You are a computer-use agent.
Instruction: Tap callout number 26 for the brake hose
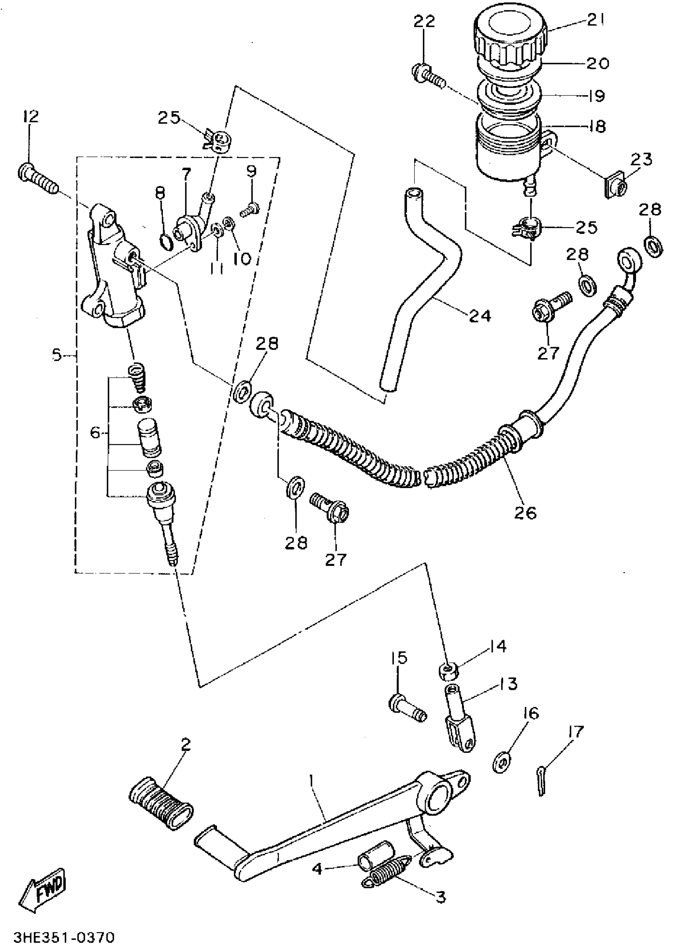pos(525,513)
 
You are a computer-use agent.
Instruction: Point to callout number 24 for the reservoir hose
pos(480,316)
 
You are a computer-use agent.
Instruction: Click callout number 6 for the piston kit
pos(96,434)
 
